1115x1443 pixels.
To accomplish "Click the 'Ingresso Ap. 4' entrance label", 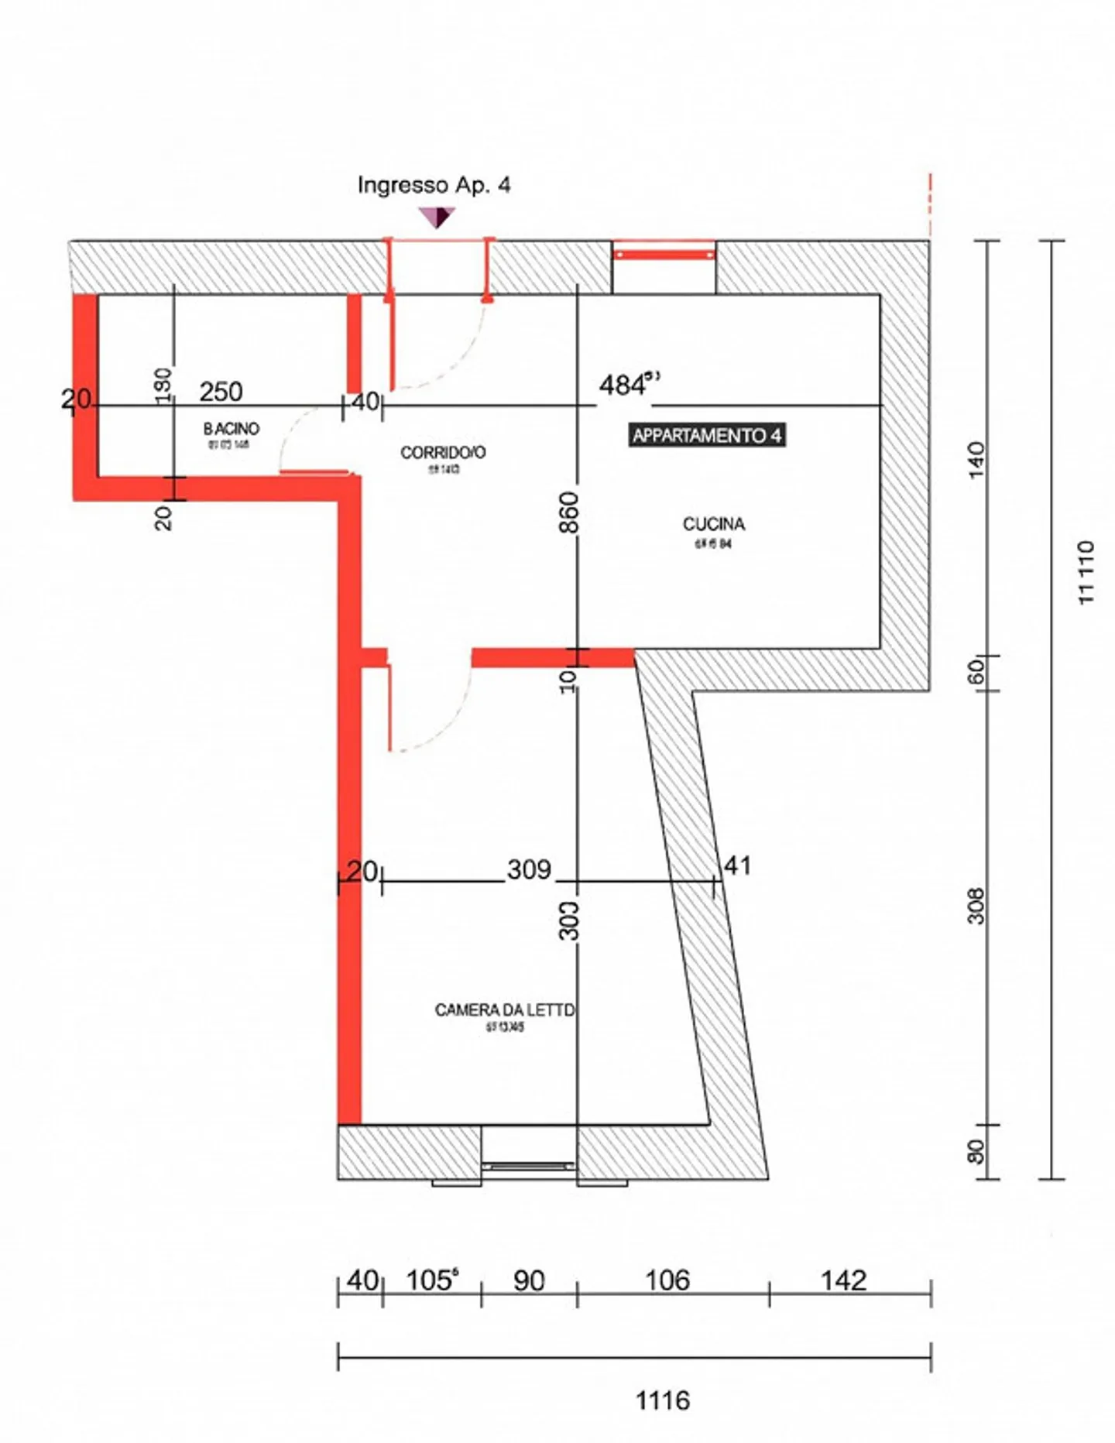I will coord(434,185).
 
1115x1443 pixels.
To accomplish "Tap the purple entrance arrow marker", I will coord(437,217).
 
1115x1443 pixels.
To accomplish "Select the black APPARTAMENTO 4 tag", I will coord(706,435).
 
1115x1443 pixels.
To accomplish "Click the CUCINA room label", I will coord(714,524).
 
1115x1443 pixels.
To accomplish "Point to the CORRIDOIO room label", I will coord(443,452).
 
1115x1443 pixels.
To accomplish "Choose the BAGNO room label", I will coord(231,428).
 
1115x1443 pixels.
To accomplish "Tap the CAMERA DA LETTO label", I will coord(505,1009).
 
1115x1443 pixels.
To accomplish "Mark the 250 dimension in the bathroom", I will coord(221,392).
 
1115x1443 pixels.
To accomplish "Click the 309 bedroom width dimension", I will coord(529,869).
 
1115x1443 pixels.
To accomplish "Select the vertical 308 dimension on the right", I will coord(976,906).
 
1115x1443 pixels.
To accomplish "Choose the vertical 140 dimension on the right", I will coord(976,460).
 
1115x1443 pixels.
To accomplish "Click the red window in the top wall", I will coord(664,254).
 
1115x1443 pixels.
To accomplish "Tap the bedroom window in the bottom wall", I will coord(529,1165).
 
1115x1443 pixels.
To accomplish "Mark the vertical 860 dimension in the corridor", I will coord(569,512).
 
